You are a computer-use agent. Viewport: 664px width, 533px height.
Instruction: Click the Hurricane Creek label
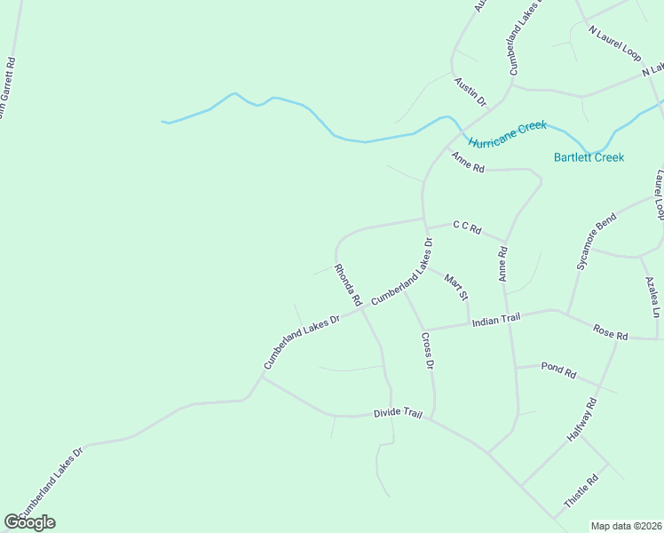point(507,134)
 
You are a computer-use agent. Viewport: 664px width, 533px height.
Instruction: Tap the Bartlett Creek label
point(589,157)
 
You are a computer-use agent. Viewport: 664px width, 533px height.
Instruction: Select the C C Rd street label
point(466,227)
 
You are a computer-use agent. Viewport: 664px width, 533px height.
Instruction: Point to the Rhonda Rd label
point(347,285)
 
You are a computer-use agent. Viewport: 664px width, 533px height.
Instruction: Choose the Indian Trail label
point(495,320)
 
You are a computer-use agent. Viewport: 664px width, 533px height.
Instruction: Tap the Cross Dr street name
point(428,350)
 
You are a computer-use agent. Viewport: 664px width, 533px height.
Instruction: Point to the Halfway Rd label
point(583,420)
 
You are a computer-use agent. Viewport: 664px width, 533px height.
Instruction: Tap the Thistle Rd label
point(581,491)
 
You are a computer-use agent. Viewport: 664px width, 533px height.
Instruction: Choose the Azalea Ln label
point(652,297)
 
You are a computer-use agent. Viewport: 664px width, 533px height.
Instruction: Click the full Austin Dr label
point(470,91)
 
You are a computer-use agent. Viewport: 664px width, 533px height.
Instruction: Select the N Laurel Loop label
point(614,42)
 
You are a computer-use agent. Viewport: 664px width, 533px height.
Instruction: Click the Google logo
point(29,521)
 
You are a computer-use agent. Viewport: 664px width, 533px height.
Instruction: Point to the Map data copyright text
point(626,526)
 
